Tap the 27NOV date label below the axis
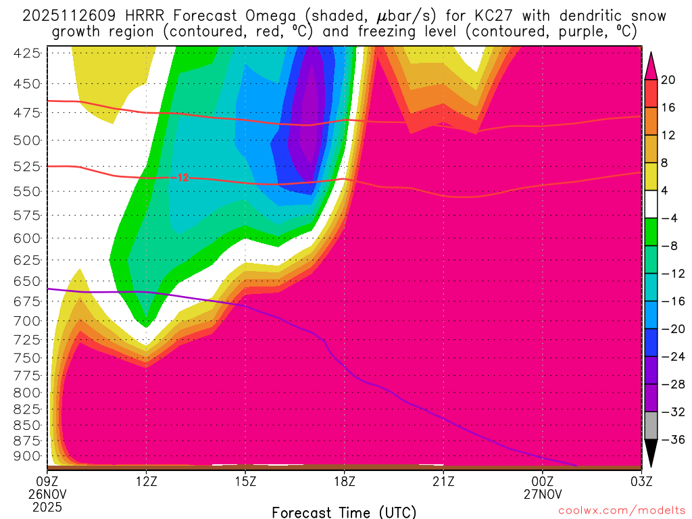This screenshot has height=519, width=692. (542, 493)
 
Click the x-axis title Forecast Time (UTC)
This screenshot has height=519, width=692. (344, 512)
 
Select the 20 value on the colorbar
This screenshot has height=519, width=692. (668, 80)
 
